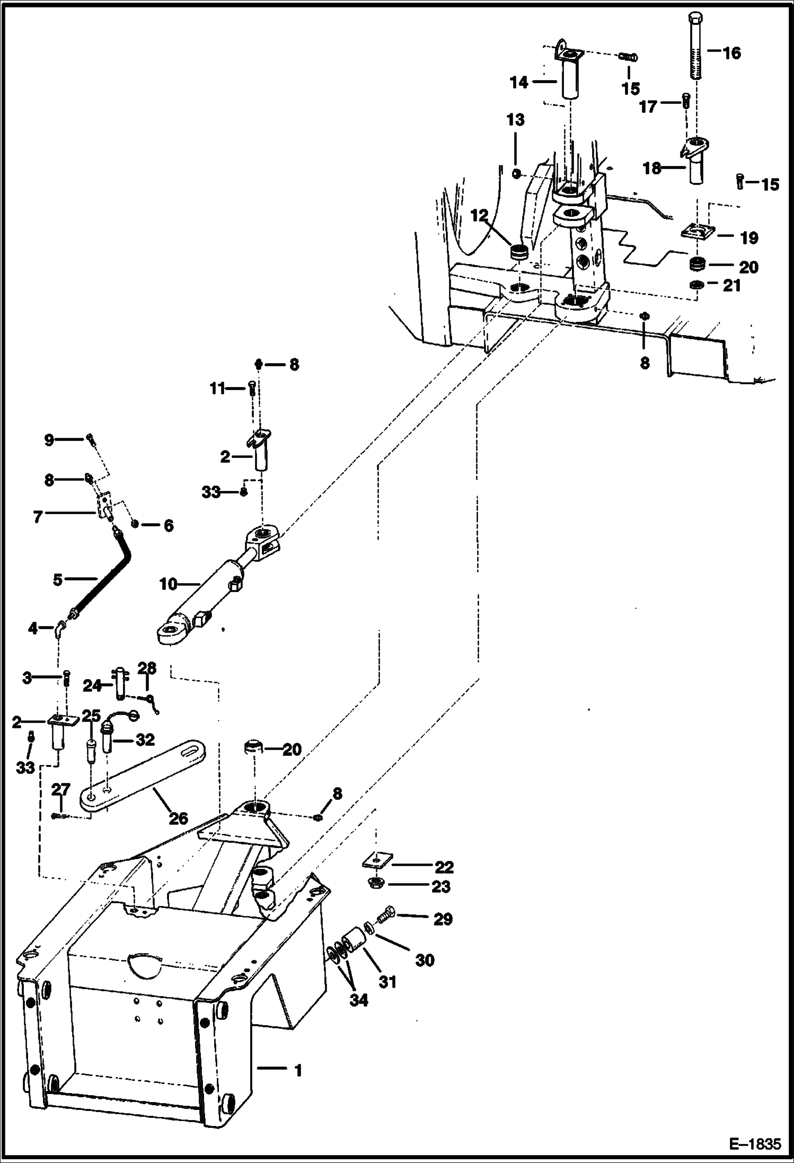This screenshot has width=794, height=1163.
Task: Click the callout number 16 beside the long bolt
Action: [x=731, y=53]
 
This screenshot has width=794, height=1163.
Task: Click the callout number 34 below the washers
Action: [x=358, y=1000]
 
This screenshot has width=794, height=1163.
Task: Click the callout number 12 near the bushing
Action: [x=480, y=216]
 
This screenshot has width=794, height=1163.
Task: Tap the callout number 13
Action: [x=515, y=120]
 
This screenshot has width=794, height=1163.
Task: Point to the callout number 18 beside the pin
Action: [x=652, y=169]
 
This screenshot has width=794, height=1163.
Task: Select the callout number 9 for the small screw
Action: [x=49, y=439]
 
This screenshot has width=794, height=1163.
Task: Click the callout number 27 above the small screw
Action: [x=61, y=789]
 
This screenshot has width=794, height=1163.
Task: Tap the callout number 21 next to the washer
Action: [x=731, y=285]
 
